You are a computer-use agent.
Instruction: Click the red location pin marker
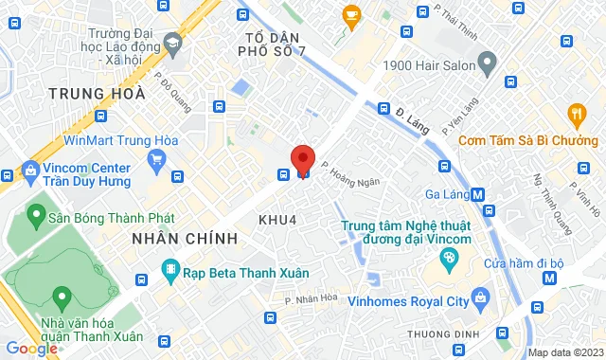[303, 158]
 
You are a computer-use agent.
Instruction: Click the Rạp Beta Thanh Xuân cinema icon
[170, 272]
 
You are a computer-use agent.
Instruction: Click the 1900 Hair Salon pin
[488, 65]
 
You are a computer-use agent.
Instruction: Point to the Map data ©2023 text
[565, 352]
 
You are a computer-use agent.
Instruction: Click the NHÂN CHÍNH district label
[185, 238]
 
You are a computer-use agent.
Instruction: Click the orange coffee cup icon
[351, 14]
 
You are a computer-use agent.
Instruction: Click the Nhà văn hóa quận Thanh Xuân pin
[62, 298]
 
